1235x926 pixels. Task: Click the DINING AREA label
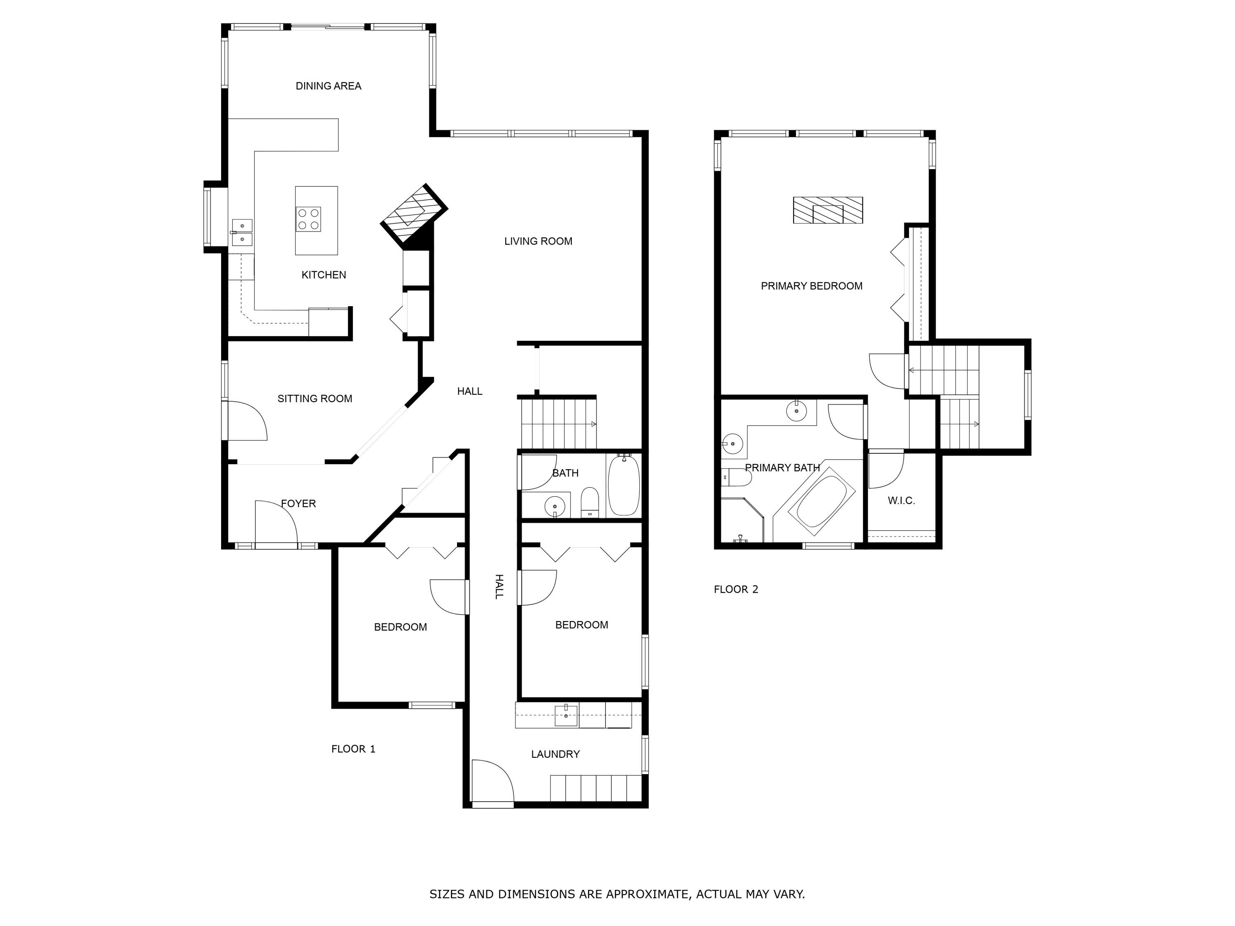tap(328, 86)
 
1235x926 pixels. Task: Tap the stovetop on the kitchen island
tap(308, 219)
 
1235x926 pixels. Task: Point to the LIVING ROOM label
tap(538, 241)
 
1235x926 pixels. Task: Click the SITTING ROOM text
tap(315, 398)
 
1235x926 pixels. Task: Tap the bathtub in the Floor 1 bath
tap(623, 486)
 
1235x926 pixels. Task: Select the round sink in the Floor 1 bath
tap(555, 506)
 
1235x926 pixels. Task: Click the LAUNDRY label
tap(555, 754)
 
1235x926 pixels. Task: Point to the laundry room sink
tap(566, 716)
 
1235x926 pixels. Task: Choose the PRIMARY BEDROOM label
tap(811, 286)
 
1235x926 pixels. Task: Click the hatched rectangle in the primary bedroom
tap(828, 210)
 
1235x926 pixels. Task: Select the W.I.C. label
tap(901, 501)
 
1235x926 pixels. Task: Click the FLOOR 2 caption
tap(736, 589)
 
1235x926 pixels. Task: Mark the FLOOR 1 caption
tap(353, 749)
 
